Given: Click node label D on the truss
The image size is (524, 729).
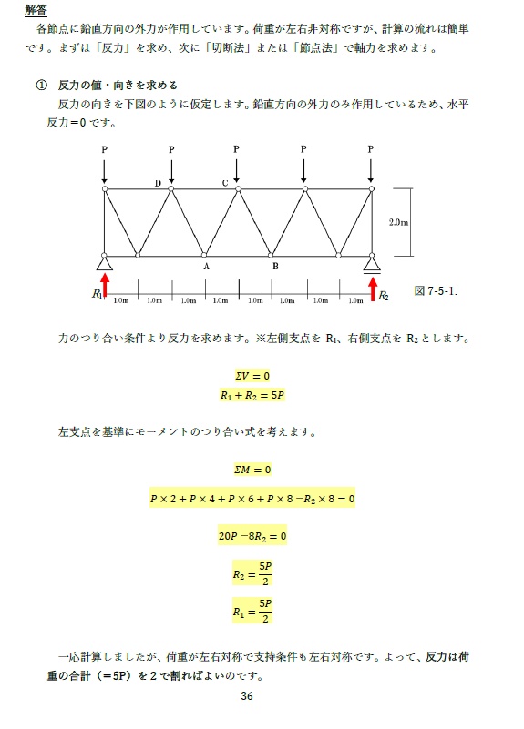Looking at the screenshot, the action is [x=158, y=183].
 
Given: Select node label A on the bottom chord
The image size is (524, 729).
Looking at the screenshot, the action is [x=206, y=267].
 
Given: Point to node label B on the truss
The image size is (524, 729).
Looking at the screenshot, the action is [x=274, y=267].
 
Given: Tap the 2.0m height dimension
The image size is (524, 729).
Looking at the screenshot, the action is [x=398, y=222].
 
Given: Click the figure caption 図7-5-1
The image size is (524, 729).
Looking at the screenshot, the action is [x=436, y=291].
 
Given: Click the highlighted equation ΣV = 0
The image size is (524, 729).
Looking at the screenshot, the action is [x=253, y=375].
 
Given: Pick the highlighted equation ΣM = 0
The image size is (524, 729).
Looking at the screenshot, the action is [x=253, y=470].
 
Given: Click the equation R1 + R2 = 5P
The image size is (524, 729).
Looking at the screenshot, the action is [x=253, y=396].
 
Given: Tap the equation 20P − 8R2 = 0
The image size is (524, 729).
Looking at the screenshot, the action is [x=252, y=536].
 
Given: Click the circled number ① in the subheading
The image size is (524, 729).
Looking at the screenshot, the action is [x=41, y=85].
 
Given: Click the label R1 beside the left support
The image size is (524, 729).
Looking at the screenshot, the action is [x=98, y=294].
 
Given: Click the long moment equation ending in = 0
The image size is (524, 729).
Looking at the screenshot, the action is [x=252, y=499].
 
